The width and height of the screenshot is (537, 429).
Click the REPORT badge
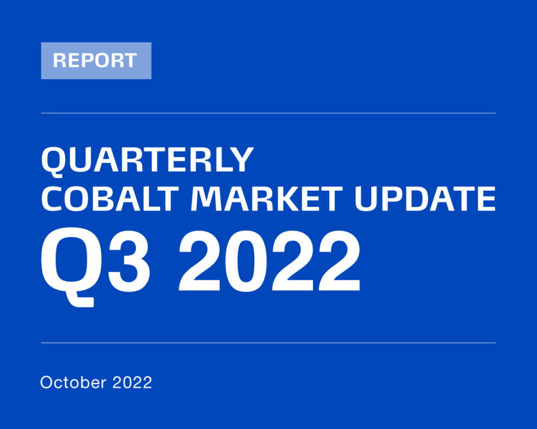coord(96,61)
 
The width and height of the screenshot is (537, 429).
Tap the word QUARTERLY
coord(147,160)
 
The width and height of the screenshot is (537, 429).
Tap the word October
coord(73,382)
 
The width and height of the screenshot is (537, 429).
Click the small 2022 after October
coord(132,382)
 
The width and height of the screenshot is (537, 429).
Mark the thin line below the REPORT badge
coord(268,113)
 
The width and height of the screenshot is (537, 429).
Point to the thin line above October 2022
coord(268,343)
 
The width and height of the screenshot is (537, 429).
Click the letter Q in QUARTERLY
coord(54,160)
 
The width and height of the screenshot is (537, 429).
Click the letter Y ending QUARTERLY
coord(242,160)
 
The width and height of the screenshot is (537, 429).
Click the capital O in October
coord(48,382)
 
